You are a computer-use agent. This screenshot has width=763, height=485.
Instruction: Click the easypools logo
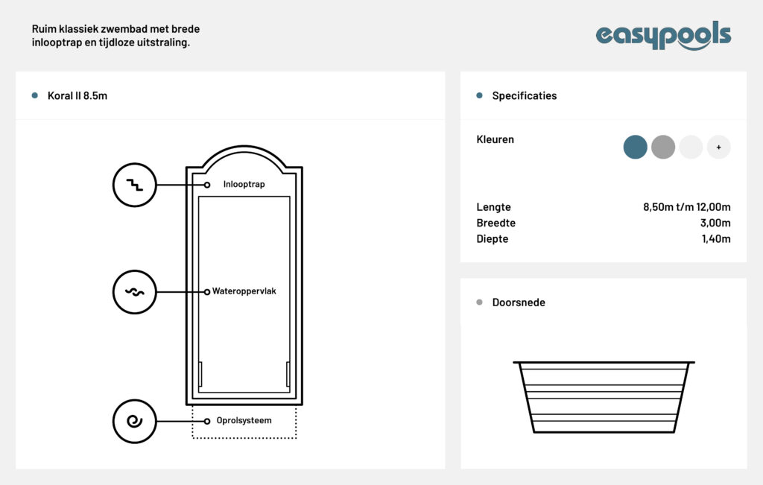[x=663, y=35]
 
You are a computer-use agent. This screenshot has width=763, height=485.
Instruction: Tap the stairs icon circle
[x=134, y=184]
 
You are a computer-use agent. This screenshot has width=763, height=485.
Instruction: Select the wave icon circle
[x=134, y=291]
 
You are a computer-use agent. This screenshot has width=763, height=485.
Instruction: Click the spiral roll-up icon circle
[x=134, y=421]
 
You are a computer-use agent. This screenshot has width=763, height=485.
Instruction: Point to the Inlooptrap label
[x=244, y=184]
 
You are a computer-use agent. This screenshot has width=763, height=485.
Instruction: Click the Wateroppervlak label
[x=244, y=291]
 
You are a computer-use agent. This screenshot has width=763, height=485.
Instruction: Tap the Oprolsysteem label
[x=244, y=421]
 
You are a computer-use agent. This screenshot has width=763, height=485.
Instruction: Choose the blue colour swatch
[x=636, y=148]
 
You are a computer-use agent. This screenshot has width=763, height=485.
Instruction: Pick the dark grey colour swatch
[x=663, y=148]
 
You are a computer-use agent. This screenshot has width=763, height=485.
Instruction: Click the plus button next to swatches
[x=718, y=148]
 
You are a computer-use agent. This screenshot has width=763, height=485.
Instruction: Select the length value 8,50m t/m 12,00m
[x=686, y=207]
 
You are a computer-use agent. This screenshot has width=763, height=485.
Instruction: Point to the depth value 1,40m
[x=715, y=239]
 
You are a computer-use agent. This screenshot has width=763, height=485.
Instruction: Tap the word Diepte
[x=493, y=239]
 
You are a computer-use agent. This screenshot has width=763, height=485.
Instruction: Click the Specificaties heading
[x=524, y=96]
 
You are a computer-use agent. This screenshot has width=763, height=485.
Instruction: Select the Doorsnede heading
[x=519, y=302]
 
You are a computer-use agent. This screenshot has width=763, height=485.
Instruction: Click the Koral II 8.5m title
[x=77, y=96]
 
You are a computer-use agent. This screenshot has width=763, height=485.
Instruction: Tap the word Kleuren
[x=495, y=139]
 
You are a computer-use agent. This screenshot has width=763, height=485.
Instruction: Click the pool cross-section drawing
[x=604, y=396]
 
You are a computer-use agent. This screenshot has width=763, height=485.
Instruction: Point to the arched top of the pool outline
[x=244, y=153]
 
